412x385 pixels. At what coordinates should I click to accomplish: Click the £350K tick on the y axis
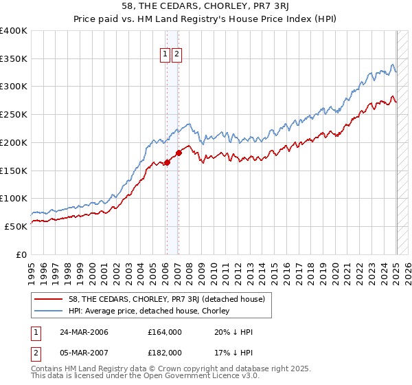[14, 59]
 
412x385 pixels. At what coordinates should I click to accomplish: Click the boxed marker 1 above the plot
[165, 55]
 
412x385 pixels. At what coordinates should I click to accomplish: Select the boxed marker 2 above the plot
[176, 55]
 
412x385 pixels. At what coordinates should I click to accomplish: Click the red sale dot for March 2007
[179, 153]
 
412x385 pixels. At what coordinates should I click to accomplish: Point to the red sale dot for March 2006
[167, 163]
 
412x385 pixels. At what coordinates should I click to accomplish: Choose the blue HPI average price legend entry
[151, 311]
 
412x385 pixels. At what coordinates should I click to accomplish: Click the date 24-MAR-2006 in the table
[84, 332]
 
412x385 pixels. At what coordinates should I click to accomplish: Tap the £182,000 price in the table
[165, 352]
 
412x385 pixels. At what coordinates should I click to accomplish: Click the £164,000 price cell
[165, 332]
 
